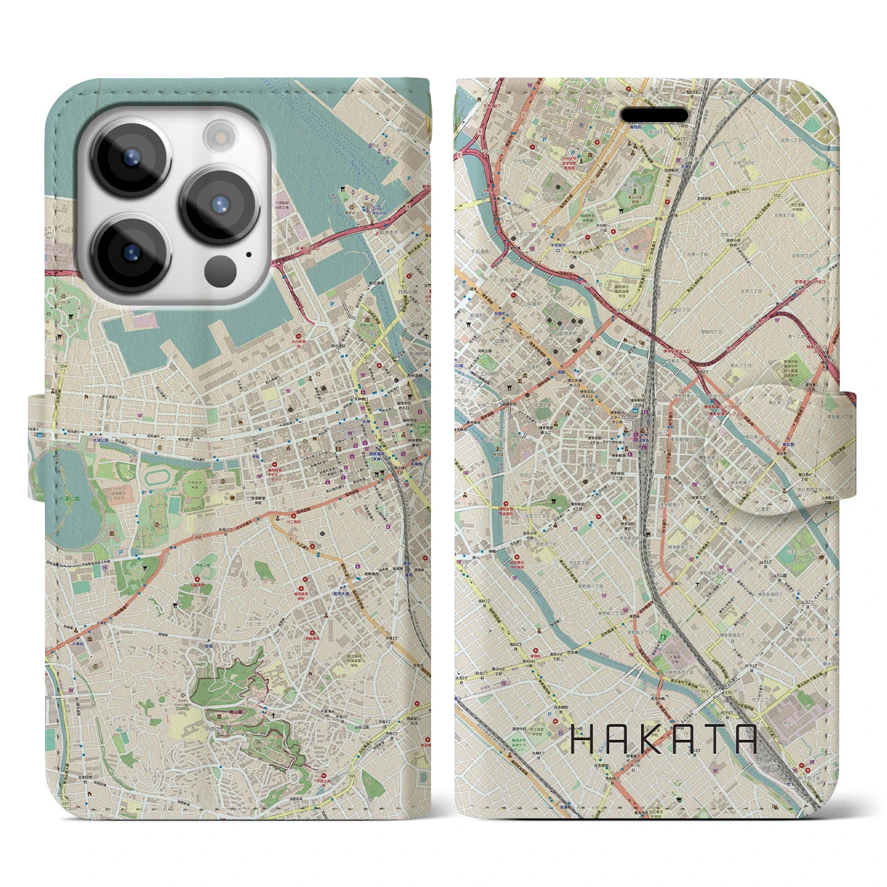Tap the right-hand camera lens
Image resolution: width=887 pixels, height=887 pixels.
(x=220, y=204)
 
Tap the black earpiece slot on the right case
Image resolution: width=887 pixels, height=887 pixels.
(x=653, y=114)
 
